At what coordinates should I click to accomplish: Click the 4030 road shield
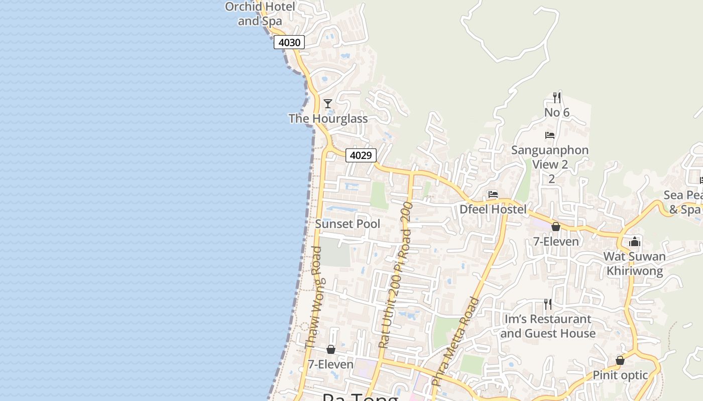click(289, 43)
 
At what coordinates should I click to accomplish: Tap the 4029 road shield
click(361, 155)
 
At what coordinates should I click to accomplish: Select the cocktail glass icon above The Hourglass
click(328, 104)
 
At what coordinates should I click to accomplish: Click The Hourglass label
click(328, 119)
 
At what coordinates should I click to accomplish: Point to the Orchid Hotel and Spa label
click(260, 14)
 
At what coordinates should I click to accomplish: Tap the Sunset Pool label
click(347, 224)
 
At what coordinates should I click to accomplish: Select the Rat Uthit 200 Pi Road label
click(396, 276)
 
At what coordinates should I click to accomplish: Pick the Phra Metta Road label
click(455, 341)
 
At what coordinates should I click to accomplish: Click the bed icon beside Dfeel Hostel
click(493, 194)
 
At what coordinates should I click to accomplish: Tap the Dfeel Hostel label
click(493, 210)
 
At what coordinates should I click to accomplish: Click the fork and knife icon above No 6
click(556, 97)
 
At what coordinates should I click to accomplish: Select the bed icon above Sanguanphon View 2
click(550, 135)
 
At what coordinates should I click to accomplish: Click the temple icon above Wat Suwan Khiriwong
click(635, 242)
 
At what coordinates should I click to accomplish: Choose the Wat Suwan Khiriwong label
click(635, 264)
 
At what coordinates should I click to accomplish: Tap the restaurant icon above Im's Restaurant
click(548, 304)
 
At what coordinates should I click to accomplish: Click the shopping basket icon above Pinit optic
click(620, 360)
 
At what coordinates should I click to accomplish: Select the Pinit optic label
click(620, 375)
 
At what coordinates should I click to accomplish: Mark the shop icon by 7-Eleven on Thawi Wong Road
click(331, 349)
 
